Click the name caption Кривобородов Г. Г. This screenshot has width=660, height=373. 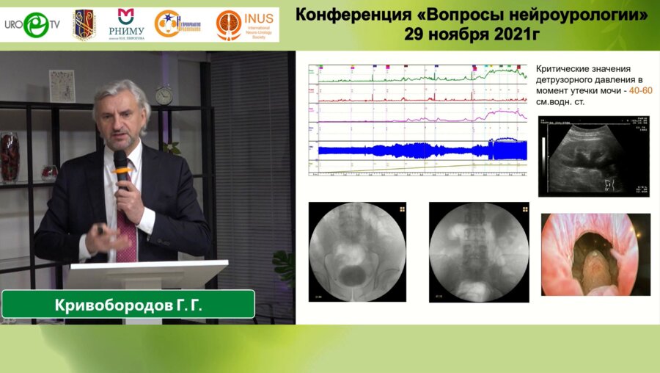(x=129, y=304)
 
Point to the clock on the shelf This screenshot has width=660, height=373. (x=164, y=95)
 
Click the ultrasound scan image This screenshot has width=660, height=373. (x=594, y=156)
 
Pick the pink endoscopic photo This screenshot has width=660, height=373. (x=595, y=254)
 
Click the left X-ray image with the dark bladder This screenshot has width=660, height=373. (x=357, y=252)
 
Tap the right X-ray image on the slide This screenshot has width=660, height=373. (x=479, y=252)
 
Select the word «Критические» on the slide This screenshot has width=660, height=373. (x=565, y=67)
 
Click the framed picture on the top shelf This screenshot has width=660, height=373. (x=62, y=86)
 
